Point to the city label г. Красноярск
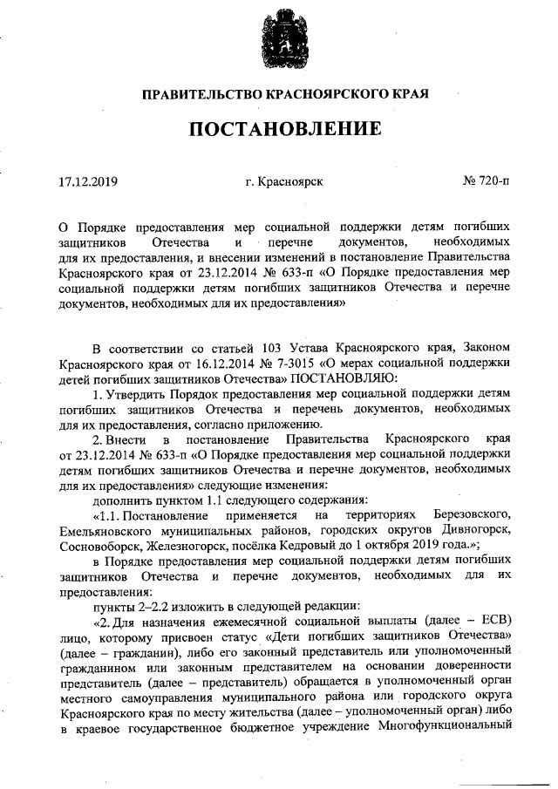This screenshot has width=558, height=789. coord(285,182)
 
